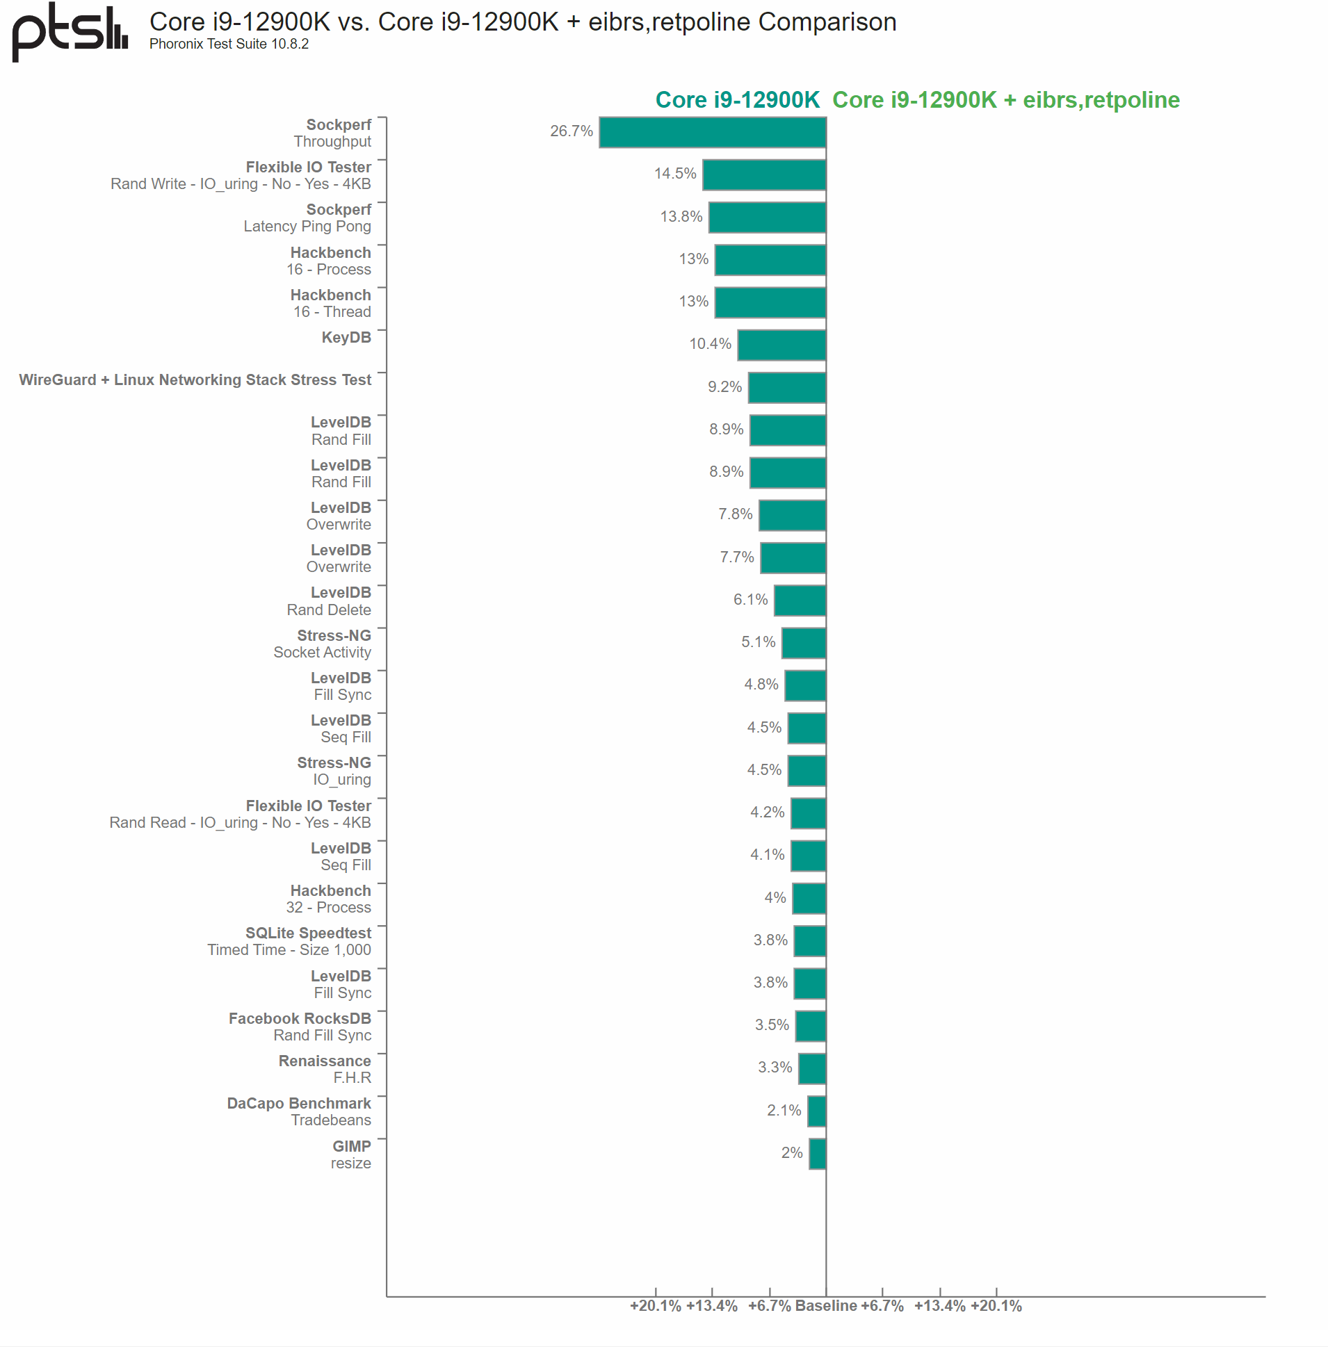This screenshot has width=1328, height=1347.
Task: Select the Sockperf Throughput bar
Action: coord(712,133)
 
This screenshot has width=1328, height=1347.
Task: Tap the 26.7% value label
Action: coord(572,131)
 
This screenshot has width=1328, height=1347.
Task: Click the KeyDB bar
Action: coord(782,345)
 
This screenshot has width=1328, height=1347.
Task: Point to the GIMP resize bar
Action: coord(818,1154)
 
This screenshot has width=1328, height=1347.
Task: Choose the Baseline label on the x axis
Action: coord(826,1306)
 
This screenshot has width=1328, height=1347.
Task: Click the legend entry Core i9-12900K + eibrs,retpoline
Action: coord(1006,99)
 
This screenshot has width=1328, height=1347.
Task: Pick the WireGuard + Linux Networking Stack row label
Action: coord(195,380)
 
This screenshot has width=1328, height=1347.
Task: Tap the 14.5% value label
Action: coord(675,174)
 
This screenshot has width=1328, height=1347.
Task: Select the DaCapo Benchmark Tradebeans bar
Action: coord(817,1111)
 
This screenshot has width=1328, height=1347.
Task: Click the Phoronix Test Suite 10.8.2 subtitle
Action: coord(229,44)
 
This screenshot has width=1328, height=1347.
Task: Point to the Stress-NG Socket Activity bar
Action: coord(804,643)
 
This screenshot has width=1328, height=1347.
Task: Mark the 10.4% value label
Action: coord(710,344)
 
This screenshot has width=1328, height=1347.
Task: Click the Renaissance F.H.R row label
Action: coord(325,1070)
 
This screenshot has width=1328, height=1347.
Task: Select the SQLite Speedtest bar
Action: coord(810,941)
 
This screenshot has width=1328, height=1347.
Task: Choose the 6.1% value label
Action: coord(750,600)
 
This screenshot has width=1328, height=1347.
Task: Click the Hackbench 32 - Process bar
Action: coord(809,899)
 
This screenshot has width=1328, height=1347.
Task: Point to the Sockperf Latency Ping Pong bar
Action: coord(767,218)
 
